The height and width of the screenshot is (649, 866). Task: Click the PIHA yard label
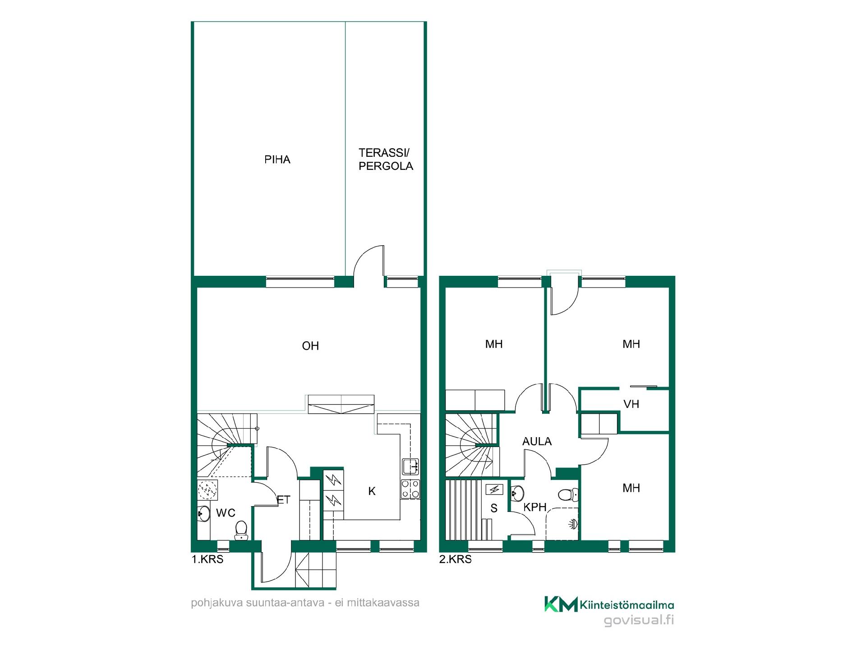click(x=277, y=160)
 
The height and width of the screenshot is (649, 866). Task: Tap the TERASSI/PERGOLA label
click(x=386, y=159)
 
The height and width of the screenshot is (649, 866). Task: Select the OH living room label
click(x=310, y=346)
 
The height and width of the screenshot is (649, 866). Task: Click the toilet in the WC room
click(x=241, y=530)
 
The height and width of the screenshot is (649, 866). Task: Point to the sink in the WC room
click(x=203, y=513)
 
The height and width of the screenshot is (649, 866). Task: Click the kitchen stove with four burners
click(x=410, y=489)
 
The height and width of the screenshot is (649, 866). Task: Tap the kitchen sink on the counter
click(x=411, y=466)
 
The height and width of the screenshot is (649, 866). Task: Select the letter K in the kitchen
click(x=372, y=491)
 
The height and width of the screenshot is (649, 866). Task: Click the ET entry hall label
click(x=283, y=500)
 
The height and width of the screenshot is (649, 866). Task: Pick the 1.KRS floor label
click(x=207, y=560)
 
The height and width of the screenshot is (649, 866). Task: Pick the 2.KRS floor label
click(x=456, y=560)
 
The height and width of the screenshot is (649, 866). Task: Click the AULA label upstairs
click(x=537, y=442)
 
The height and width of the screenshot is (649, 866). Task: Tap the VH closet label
click(x=631, y=404)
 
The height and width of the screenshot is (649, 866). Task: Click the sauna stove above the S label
click(x=494, y=489)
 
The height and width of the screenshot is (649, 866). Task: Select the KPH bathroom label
click(x=535, y=507)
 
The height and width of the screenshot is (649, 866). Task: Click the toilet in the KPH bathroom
click(x=568, y=495)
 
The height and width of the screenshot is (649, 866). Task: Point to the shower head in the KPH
click(x=574, y=524)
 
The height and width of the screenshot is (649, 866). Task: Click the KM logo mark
click(x=561, y=604)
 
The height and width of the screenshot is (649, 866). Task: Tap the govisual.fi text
click(x=639, y=621)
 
